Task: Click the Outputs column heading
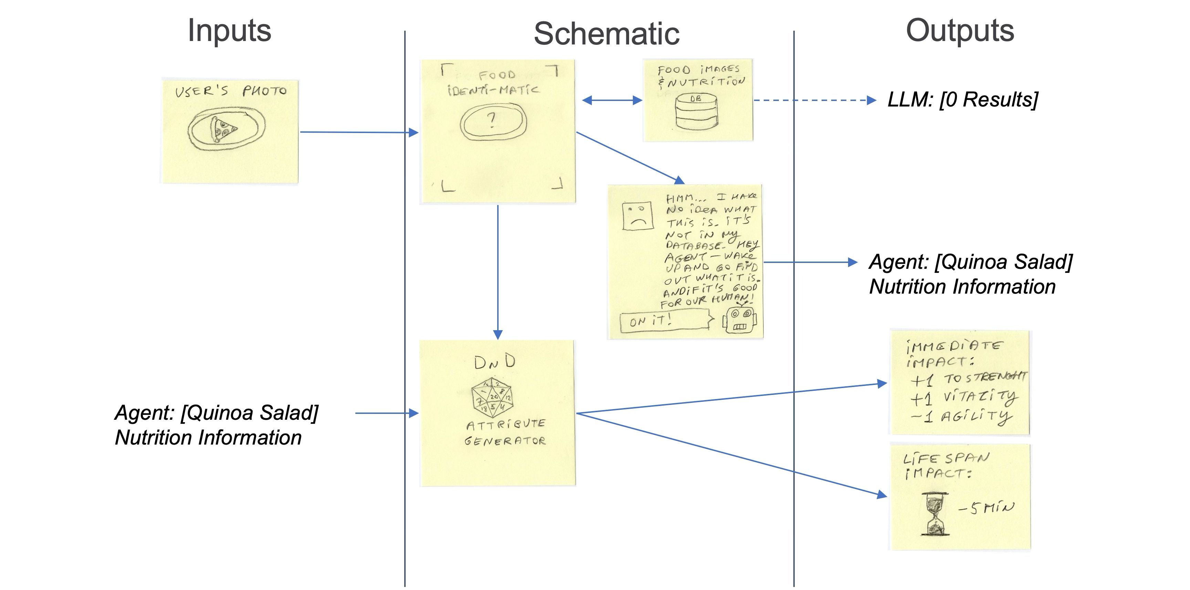pos(960,31)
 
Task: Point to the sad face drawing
pos(637,215)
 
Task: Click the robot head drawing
pos(740,319)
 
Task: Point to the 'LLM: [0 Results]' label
pos(963,99)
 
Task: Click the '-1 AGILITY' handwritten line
pos(961,417)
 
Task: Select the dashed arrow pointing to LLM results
pos(813,100)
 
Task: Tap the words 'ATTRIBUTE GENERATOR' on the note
pos(505,432)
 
